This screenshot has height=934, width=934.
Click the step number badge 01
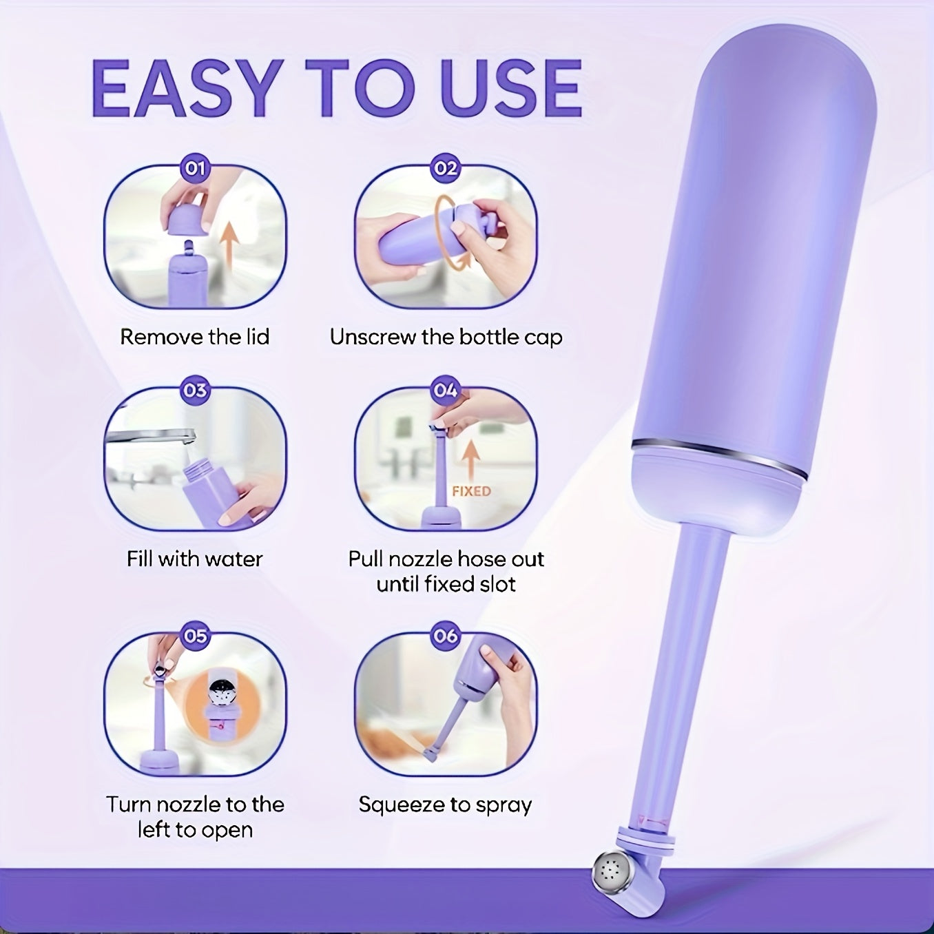tap(195, 169)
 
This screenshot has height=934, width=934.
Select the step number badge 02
tap(445, 169)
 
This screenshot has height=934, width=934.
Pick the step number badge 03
tap(195, 391)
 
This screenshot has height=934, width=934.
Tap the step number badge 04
tap(445, 391)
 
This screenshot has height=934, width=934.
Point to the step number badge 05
tap(195, 636)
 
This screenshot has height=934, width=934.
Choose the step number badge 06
tap(445, 636)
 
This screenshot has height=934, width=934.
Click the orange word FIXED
tap(471, 492)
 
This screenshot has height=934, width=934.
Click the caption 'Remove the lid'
tap(195, 337)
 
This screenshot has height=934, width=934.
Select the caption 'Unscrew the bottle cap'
tap(446, 338)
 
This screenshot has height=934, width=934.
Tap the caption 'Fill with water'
tap(195, 559)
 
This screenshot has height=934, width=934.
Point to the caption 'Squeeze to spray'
tap(445, 805)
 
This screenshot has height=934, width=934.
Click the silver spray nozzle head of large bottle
tap(610, 873)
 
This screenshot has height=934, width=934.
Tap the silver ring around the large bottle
tap(719, 457)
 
